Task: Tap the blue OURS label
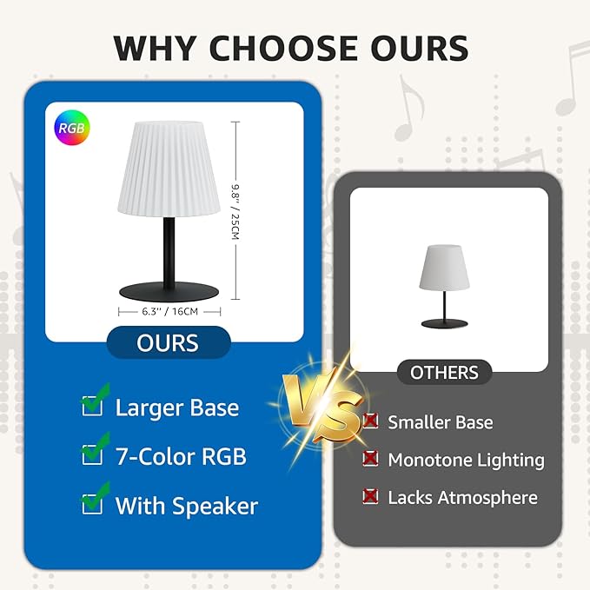coord(168,342)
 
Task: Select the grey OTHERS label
coord(444,373)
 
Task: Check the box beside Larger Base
coord(92,406)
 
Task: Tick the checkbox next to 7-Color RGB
coord(92,454)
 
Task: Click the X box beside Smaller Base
coord(371,421)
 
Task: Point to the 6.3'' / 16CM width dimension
coord(170,310)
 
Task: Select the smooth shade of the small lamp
coord(444,268)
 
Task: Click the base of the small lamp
coord(444,323)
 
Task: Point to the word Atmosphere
coord(488,498)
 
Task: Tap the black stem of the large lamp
coord(169,249)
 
